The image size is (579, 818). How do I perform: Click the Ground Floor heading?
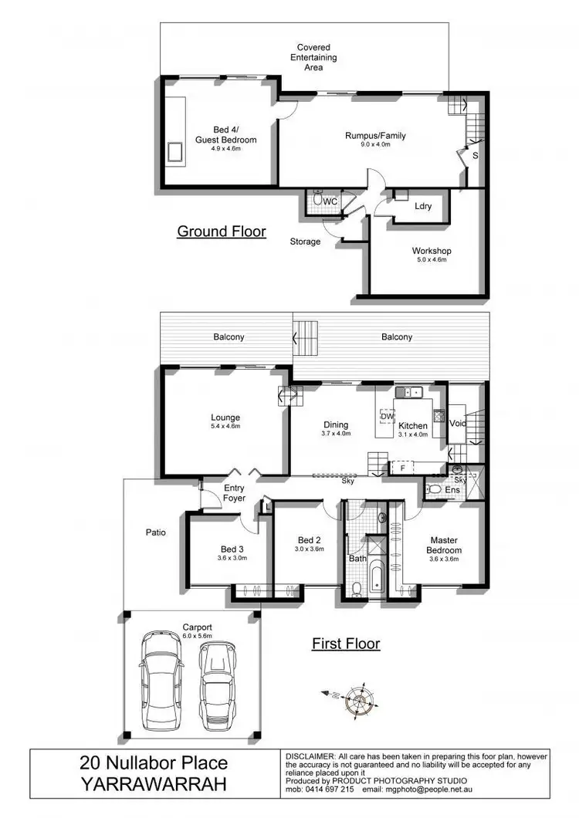(x=222, y=231)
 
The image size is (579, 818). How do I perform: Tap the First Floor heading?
(x=346, y=643)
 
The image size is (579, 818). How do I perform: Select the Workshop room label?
(x=431, y=251)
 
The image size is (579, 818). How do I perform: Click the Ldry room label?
(x=422, y=206)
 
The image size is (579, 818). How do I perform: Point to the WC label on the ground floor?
(x=330, y=201)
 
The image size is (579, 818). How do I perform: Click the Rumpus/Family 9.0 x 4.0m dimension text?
(x=375, y=144)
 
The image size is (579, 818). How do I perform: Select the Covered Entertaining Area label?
(x=308, y=57)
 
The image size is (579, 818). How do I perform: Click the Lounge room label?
(x=225, y=418)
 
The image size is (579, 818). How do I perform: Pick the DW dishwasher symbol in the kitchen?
(x=387, y=417)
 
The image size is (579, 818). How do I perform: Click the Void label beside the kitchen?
(x=458, y=423)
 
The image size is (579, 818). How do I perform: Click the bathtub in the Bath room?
(x=376, y=580)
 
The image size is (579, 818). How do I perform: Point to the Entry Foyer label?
(x=234, y=493)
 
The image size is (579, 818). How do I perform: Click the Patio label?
(x=156, y=532)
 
